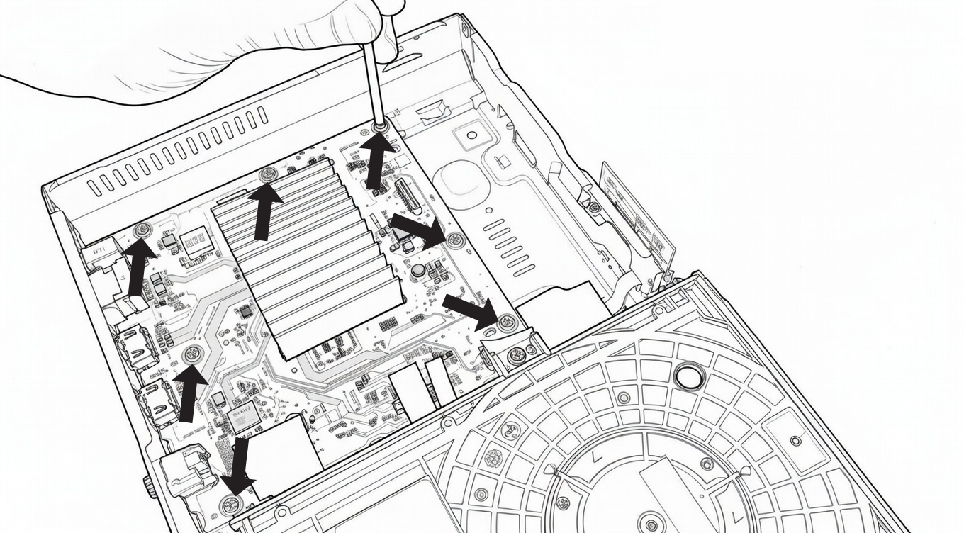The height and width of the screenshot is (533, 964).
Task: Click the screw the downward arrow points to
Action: point(229,505)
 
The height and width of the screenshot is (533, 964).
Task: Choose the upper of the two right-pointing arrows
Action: point(418,232)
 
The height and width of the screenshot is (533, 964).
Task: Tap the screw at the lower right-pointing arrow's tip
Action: point(506,323)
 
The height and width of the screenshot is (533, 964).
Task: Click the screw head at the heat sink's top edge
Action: point(267,174)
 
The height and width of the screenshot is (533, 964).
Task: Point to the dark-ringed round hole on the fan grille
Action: point(688,376)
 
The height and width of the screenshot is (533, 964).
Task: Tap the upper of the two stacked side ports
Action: point(138,347)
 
